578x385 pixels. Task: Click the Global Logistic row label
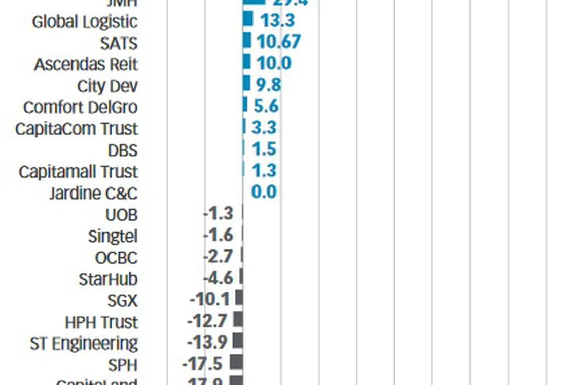coord(85,22)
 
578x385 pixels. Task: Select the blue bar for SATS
coord(247,41)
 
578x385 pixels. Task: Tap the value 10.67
coord(278,42)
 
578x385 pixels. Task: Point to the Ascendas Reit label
coord(86,65)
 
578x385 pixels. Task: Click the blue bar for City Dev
coord(246,83)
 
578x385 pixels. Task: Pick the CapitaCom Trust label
coord(77,129)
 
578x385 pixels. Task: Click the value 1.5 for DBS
coord(264,149)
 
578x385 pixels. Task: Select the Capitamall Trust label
coord(78,172)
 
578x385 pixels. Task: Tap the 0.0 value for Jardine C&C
coord(264,192)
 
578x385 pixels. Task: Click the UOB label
coord(121,215)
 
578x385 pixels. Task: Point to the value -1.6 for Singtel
coord(218,235)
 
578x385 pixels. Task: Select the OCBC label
coord(116,258)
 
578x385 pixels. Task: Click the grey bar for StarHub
coord(241,277)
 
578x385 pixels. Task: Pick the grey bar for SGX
coord(239,298)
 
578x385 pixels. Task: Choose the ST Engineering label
coord(84,343)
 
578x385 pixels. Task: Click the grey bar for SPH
coord(236,362)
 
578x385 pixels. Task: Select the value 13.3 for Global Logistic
coord(277,20)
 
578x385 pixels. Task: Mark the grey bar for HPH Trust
coord(238,319)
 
